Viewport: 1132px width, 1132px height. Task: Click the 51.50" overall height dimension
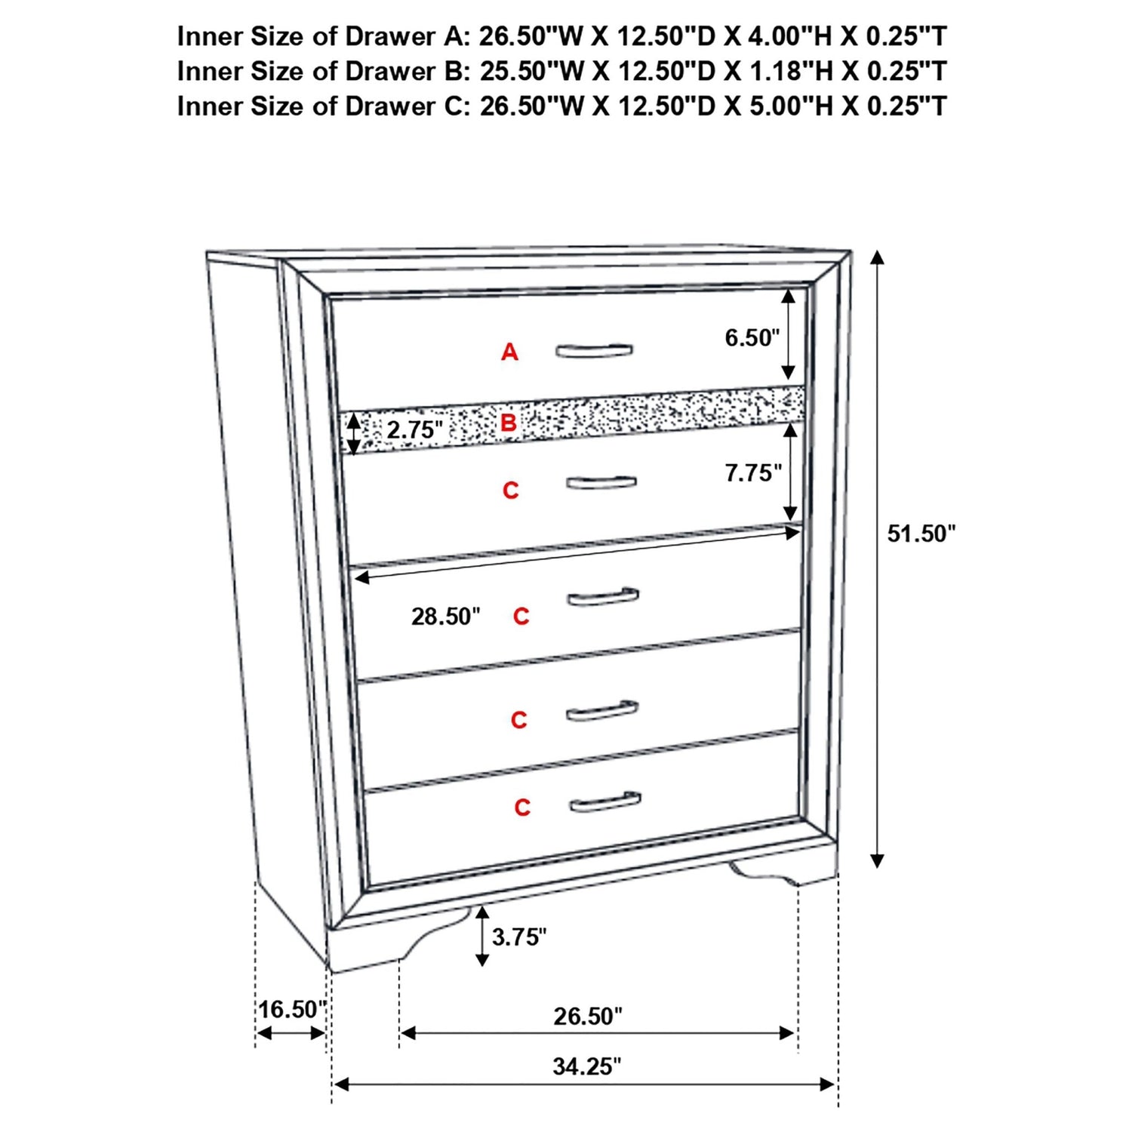(921, 534)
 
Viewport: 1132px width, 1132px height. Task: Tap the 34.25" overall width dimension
(586, 1066)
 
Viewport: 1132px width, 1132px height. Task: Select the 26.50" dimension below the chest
(588, 1017)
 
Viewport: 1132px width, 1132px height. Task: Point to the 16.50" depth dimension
(291, 1010)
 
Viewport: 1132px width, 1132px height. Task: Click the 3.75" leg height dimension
(518, 937)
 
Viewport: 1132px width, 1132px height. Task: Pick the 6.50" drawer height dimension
(752, 338)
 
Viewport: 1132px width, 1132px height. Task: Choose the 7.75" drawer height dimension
(752, 473)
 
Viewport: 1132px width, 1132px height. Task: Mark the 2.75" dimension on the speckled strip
(414, 430)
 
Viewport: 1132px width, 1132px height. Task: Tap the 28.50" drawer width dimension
(445, 617)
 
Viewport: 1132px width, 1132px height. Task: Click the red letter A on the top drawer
(510, 352)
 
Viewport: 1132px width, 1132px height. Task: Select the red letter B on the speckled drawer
(509, 423)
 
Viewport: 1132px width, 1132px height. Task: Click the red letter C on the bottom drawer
(522, 808)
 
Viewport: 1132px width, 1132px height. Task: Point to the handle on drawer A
(594, 350)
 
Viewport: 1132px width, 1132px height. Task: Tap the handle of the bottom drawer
(605, 803)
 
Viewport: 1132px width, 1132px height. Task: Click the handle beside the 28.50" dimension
(603, 596)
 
